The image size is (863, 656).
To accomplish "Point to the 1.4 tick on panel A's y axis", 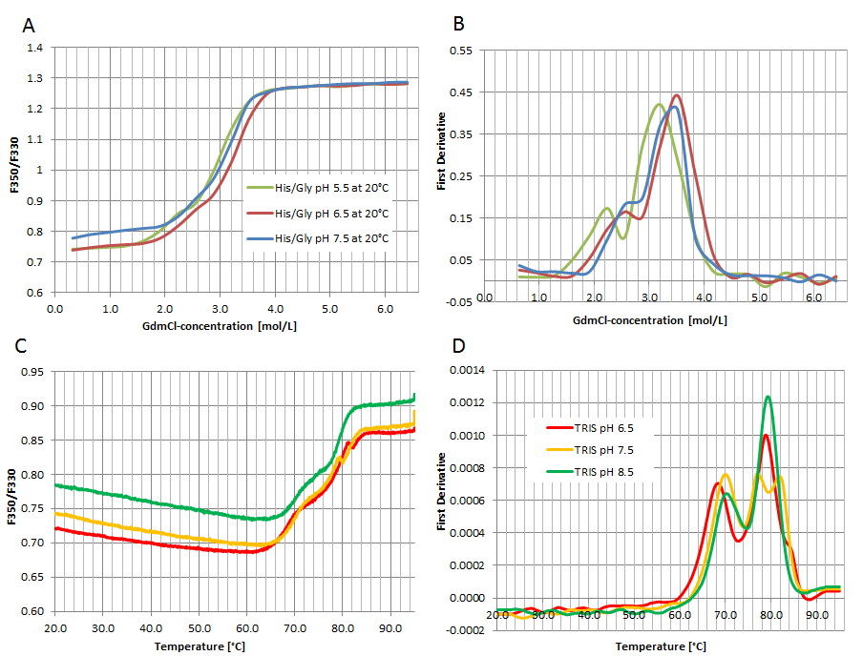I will (34, 48).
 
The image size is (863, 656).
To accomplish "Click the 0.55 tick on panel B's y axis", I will (460, 51).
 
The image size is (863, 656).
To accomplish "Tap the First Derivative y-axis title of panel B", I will (442, 175).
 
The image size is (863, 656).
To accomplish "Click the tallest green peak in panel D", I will (768, 397).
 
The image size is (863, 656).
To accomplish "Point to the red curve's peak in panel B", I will (677, 95).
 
